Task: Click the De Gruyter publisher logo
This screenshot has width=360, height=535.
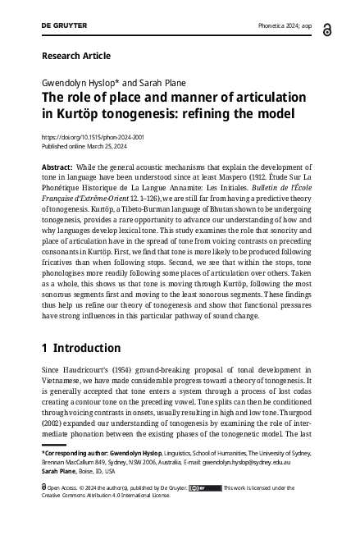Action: tap(64, 25)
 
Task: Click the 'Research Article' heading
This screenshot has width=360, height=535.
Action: tap(75, 56)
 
